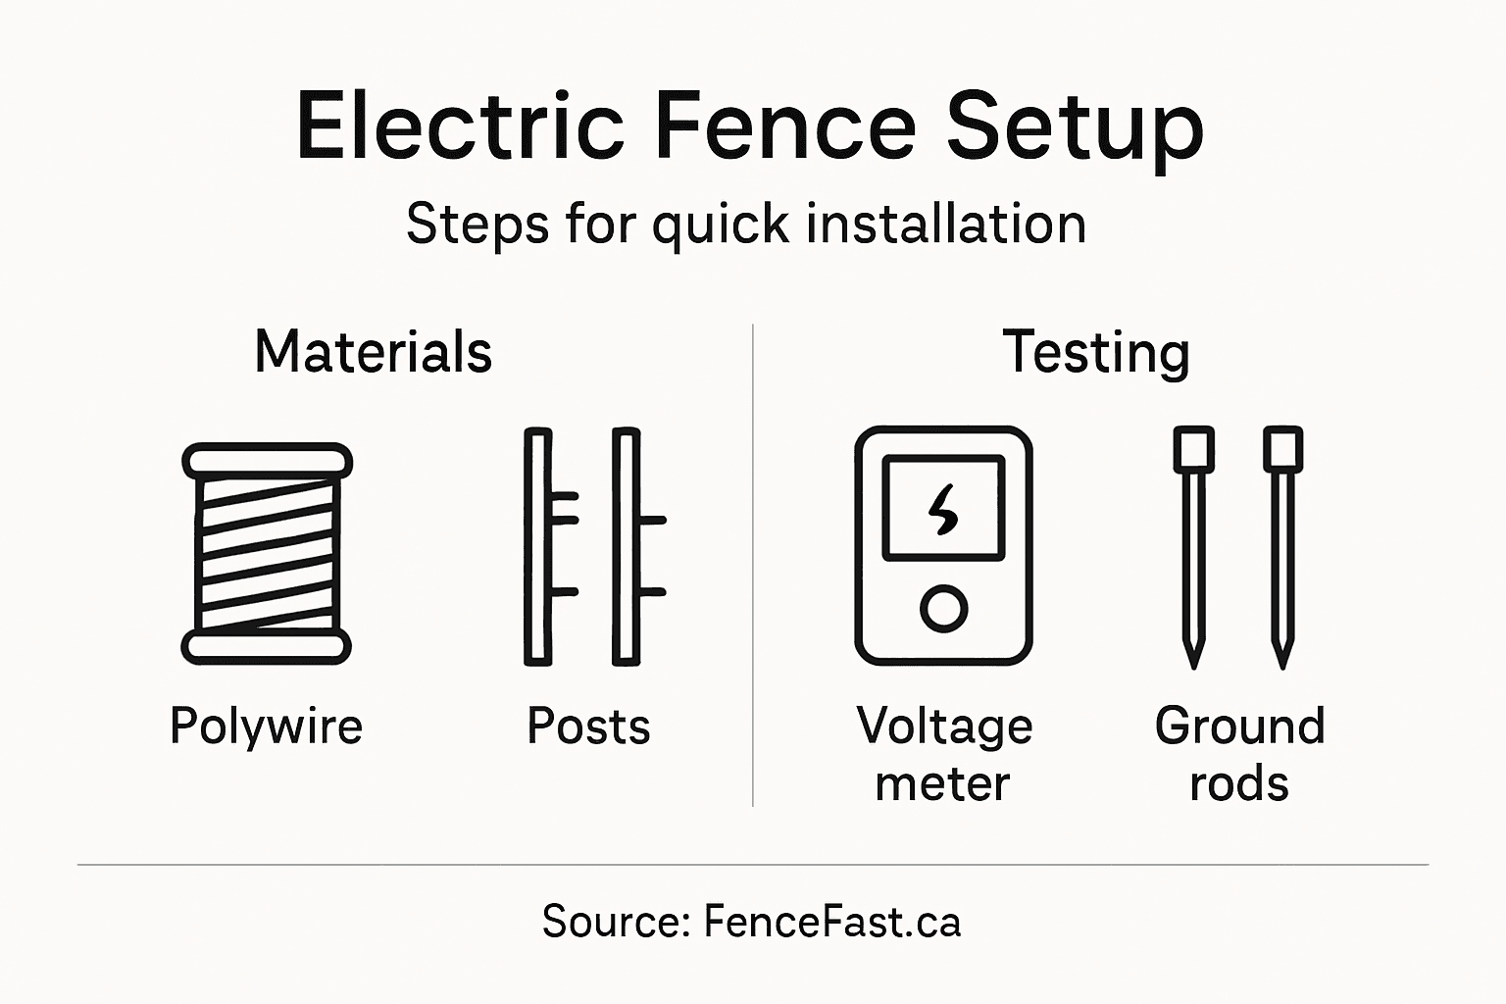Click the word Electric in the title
coord(459,126)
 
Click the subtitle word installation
coord(946,224)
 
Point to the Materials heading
coord(373,352)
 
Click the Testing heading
coord(1095,354)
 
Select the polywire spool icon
coord(267,554)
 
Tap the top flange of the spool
coord(267,461)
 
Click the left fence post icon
coord(539,547)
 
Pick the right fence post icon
coord(627,547)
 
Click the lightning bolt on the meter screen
coord(943,509)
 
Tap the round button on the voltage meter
coord(943,608)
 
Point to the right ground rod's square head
coord(1282,449)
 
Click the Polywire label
coord(266,728)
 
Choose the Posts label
coord(588,727)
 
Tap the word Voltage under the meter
coord(944,727)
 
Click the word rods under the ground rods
coord(1239,784)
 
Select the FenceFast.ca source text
coord(831,923)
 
